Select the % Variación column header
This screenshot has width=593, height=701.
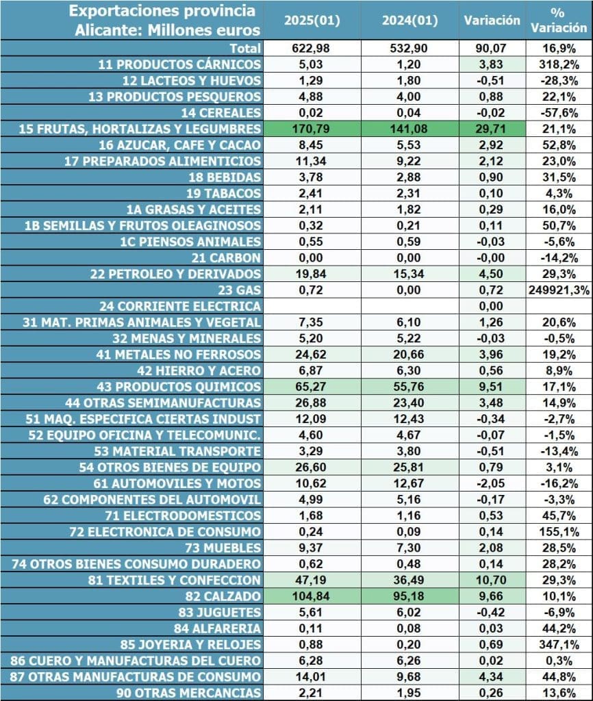click(x=559, y=20)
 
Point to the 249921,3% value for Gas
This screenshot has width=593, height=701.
click(x=559, y=290)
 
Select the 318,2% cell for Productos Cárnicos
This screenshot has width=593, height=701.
click(x=559, y=64)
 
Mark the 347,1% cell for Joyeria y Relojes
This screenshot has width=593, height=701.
click(x=559, y=644)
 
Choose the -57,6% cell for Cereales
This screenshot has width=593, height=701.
click(x=559, y=112)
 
